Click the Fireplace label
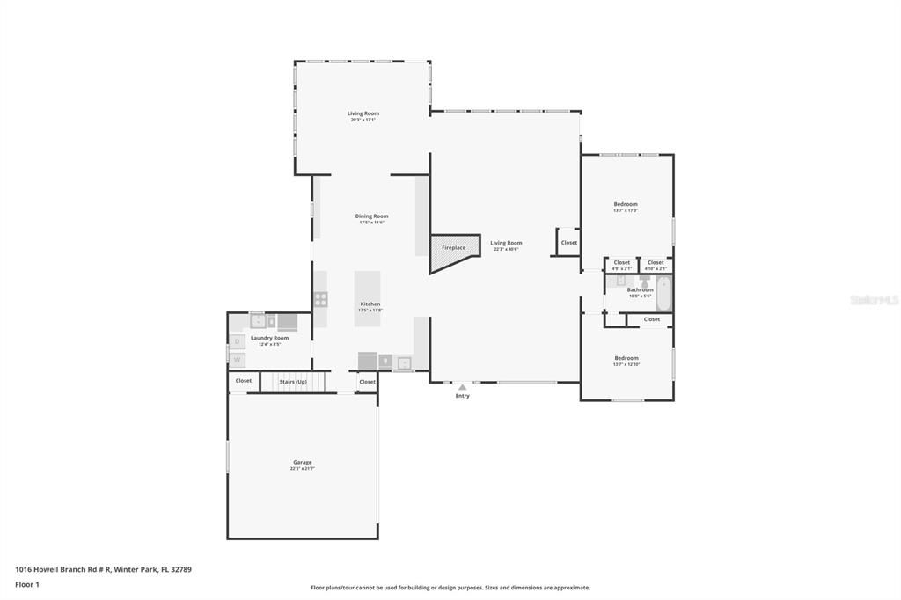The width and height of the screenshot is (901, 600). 453,248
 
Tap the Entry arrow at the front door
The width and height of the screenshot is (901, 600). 462,387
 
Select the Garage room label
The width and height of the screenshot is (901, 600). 302,463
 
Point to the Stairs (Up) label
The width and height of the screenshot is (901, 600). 293,382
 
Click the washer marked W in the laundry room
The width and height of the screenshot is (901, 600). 237,360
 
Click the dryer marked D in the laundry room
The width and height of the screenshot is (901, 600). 237,341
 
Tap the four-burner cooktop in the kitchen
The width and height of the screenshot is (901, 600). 321,299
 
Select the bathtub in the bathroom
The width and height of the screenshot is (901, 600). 663,293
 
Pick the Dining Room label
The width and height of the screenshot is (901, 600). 371,216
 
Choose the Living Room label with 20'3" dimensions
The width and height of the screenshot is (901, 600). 363,113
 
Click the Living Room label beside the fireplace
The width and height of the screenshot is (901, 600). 506,244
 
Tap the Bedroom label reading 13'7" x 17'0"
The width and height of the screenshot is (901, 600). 626,205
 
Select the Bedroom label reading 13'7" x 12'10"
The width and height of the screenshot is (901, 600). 626,359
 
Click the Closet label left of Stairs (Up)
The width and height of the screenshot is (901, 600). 244,381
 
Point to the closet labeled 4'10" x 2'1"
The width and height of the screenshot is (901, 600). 656,263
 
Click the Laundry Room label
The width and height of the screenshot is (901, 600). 269,339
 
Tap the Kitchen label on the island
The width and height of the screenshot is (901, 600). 370,304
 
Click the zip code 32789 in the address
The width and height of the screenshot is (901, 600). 181,569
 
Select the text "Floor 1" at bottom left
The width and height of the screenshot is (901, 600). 26,584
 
